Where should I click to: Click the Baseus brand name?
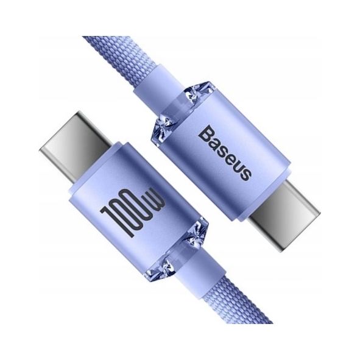[x=224, y=152]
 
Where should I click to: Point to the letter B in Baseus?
[x=206, y=133]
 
